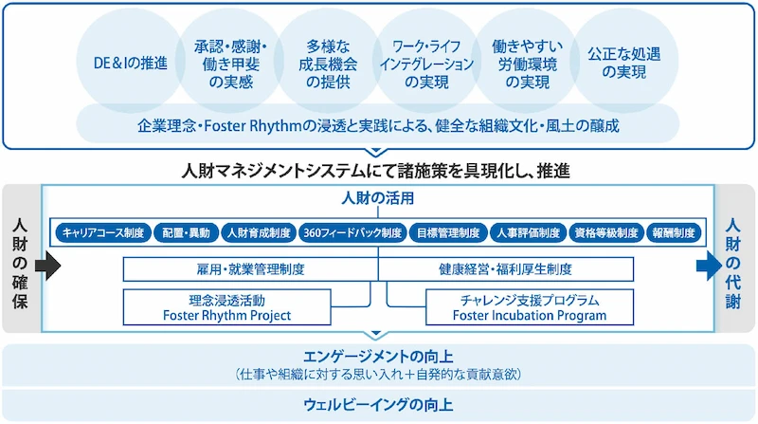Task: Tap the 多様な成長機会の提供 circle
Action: [327, 64]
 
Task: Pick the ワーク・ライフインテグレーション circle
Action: [425, 64]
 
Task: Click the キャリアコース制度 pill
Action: [101, 232]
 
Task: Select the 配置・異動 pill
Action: [185, 232]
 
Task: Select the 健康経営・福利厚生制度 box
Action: [504, 269]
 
